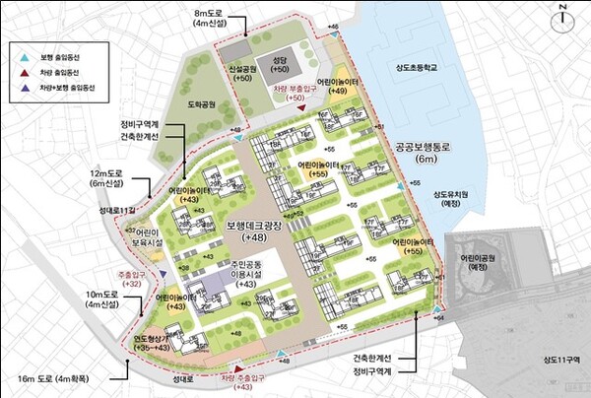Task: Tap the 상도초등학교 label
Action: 418,68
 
